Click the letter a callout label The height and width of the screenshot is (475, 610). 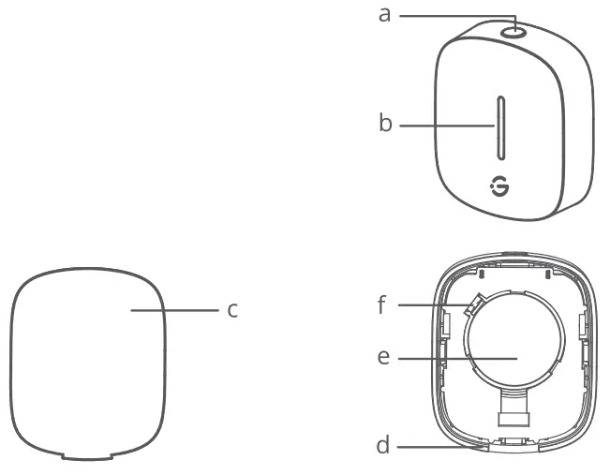coord(383,16)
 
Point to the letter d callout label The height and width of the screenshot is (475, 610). coord(383,446)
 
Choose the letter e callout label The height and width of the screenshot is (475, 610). coord(383,358)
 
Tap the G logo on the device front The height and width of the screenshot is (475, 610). coord(502,188)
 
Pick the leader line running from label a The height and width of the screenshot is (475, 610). coord(450,16)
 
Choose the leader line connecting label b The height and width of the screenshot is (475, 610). coord(446,124)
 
